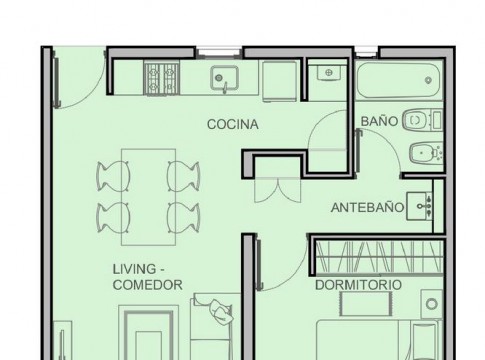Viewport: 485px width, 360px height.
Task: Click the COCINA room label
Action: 233,124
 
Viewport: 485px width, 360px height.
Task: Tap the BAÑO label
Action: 379,121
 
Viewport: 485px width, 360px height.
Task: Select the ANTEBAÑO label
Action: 367,208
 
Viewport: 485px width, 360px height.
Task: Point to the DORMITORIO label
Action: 358,285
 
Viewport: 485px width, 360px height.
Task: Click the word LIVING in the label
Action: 134,269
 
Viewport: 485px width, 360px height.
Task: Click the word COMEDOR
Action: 148,285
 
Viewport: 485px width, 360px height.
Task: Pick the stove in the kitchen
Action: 162,78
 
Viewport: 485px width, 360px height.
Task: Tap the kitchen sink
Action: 224,78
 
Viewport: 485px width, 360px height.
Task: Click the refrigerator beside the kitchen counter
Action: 279,81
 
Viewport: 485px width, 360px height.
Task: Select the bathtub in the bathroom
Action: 399,80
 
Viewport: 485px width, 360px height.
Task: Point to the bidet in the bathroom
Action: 426,154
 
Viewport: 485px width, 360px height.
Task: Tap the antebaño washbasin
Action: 419,206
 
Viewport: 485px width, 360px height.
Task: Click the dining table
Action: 149,197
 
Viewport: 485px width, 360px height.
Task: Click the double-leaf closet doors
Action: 278,190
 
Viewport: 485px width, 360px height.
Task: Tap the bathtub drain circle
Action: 429,80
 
